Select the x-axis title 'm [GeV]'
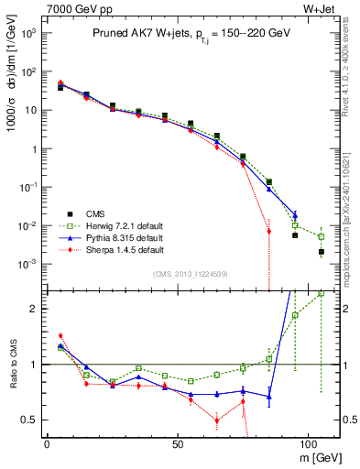320,455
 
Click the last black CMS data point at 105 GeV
321,251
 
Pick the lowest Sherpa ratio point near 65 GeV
217,420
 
